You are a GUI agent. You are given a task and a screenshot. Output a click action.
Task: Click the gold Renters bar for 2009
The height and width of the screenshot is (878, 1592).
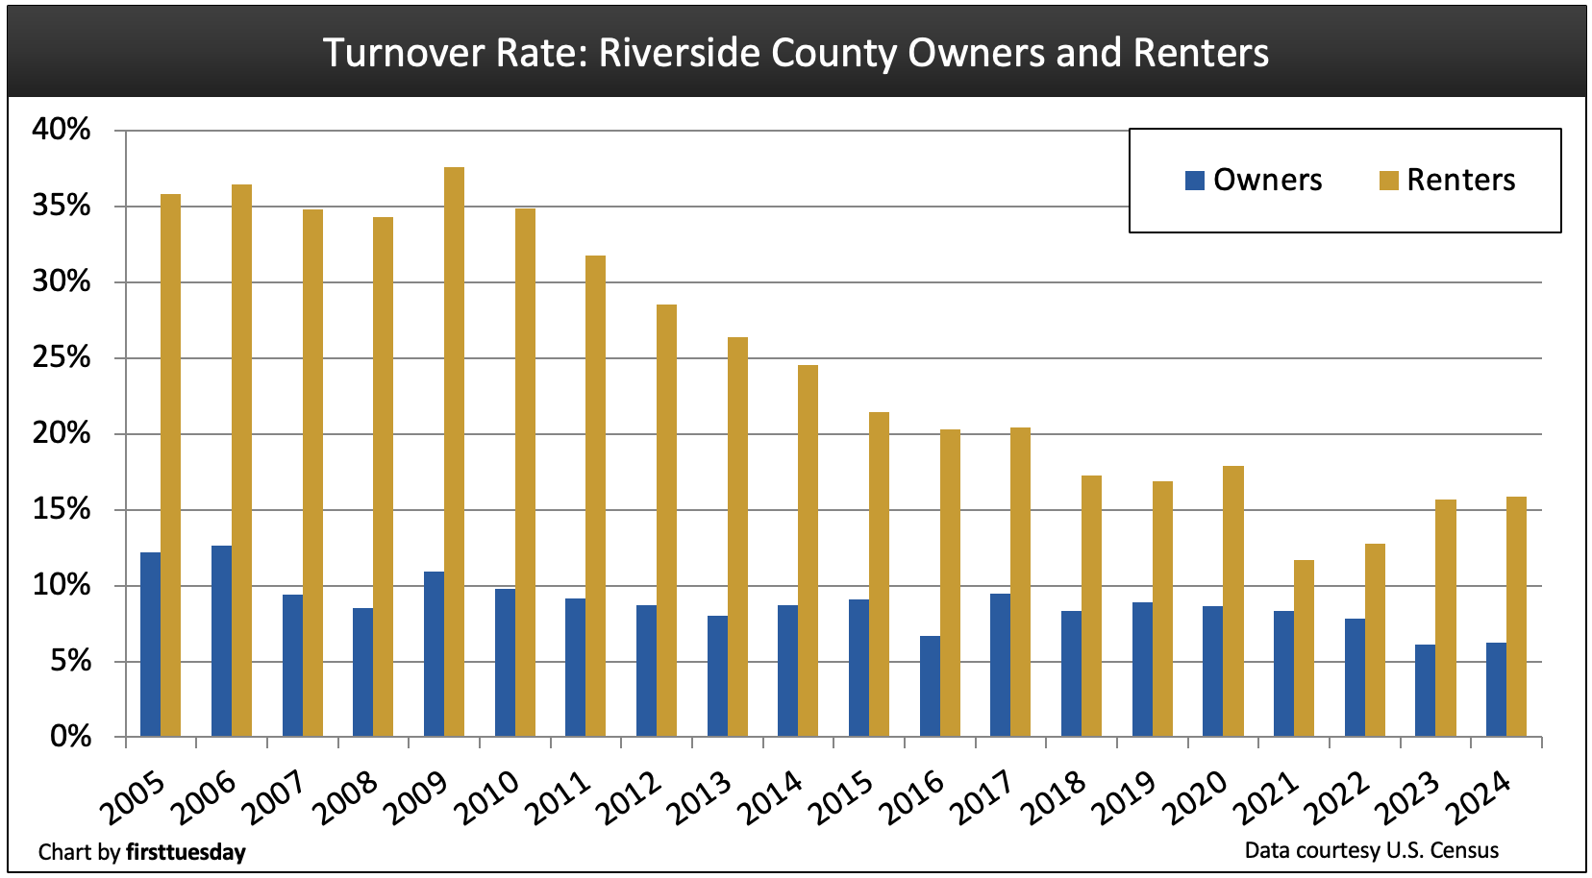pyautogui.click(x=454, y=451)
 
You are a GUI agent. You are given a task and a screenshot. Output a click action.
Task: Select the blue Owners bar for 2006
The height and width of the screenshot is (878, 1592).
pyautogui.click(x=221, y=641)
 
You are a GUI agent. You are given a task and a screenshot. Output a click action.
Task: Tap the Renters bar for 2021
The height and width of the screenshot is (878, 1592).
pyautogui.click(x=1304, y=648)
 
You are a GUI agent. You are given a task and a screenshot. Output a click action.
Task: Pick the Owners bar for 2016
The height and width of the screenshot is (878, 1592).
pyautogui.click(x=930, y=686)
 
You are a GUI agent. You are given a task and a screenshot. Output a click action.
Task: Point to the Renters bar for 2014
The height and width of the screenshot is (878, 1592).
pyautogui.click(x=808, y=550)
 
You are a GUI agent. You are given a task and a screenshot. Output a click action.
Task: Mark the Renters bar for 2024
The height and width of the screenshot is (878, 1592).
pyautogui.click(x=1516, y=617)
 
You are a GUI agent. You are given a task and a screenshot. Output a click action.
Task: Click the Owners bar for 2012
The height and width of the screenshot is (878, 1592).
pyautogui.click(x=646, y=671)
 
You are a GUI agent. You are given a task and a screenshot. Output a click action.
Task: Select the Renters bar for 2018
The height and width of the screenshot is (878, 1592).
pyautogui.click(x=1091, y=606)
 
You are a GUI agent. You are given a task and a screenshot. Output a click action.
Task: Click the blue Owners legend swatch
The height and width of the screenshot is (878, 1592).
pyautogui.click(x=1195, y=180)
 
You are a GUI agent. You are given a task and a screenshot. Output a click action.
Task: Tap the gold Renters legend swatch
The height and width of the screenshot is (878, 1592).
pyautogui.click(x=1388, y=180)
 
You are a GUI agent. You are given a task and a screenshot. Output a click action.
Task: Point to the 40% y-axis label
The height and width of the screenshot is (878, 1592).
pyautogui.click(x=62, y=130)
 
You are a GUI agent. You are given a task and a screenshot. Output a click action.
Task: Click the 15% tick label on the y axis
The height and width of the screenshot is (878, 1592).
pyautogui.click(x=62, y=509)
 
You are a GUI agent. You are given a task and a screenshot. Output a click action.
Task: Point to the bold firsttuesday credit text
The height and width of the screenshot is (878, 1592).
pyautogui.click(x=186, y=852)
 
